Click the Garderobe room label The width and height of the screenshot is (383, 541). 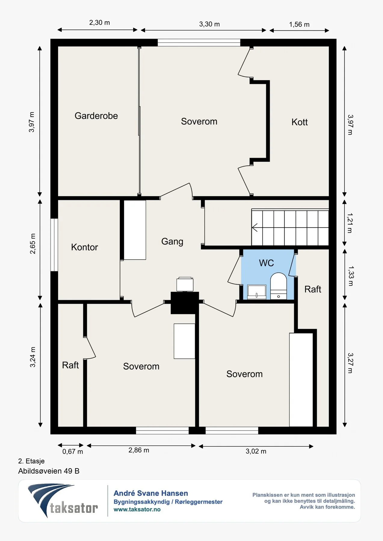point(96,116)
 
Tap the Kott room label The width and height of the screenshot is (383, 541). point(300,122)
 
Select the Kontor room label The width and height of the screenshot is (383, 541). point(85,247)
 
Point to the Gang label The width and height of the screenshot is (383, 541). point(172,242)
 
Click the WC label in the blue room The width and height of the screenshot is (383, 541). point(267,263)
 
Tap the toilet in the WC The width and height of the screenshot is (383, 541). point(279,286)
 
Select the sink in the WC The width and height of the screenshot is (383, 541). point(257,292)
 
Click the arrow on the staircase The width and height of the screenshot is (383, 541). point(255,228)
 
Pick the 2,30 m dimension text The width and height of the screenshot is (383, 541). point(100,23)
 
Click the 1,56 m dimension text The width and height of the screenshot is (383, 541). point(299,25)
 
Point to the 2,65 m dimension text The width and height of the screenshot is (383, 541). point(32,243)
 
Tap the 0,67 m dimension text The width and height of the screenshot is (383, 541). point(73,451)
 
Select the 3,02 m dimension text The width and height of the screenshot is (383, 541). point(256,451)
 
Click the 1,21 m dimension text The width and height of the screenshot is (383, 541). point(350,223)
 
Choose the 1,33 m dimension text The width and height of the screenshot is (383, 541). point(351,276)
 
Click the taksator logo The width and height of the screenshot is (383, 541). point(63,500)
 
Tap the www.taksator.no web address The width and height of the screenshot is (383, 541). point(137,509)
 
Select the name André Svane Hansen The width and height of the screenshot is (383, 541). point(151,493)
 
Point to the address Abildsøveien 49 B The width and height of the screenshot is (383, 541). point(49,471)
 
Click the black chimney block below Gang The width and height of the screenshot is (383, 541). point(185,303)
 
